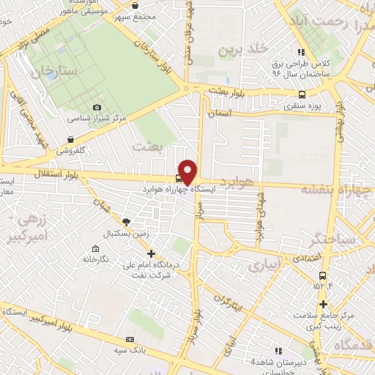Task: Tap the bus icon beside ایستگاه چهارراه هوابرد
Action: coord(179,178)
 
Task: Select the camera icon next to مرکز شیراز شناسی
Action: coord(97,108)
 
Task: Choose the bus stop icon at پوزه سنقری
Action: coord(302,94)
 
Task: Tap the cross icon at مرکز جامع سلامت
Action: coord(322,303)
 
